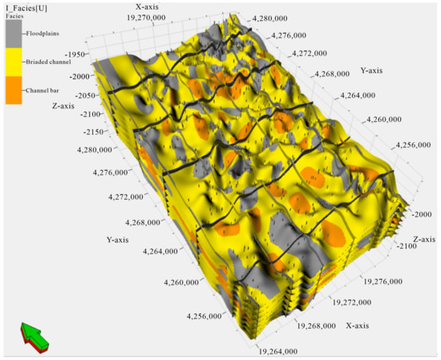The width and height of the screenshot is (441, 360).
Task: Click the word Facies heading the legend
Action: point(15,16)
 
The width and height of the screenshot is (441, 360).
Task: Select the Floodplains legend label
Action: point(47,34)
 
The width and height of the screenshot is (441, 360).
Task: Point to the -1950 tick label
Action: point(77,55)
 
